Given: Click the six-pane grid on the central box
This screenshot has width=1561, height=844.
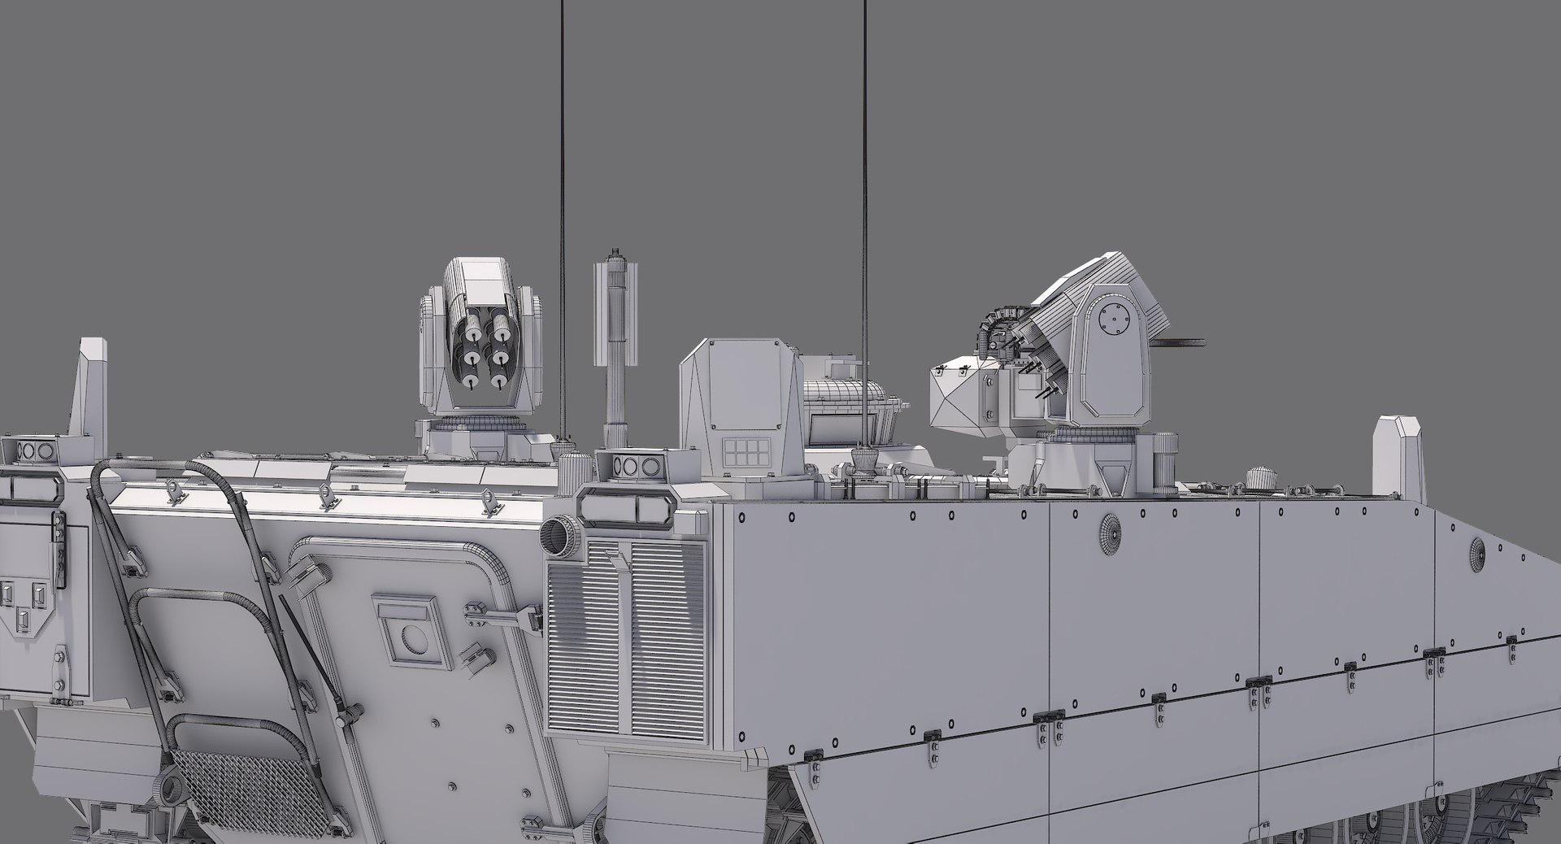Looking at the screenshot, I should point(746,452).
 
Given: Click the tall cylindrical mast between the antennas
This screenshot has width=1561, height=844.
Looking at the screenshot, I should point(616,350).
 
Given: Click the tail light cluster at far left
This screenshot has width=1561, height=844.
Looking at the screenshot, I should point(33,450).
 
